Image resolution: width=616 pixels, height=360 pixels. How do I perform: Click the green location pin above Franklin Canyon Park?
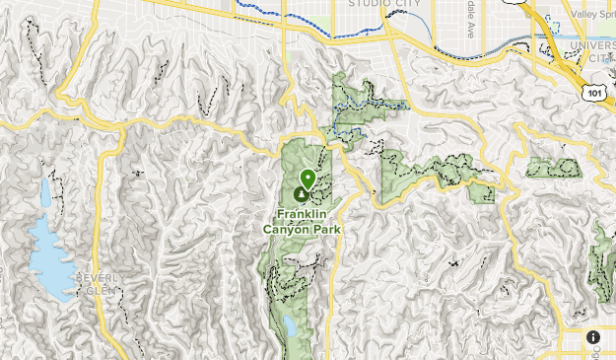(308, 179)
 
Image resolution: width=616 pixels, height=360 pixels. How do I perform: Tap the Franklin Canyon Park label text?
(302, 222)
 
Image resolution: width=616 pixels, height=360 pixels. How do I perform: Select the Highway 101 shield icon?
(592, 92)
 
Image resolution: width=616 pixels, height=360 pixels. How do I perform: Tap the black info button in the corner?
(593, 337)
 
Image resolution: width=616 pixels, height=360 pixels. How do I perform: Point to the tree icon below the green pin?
(300, 194)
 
